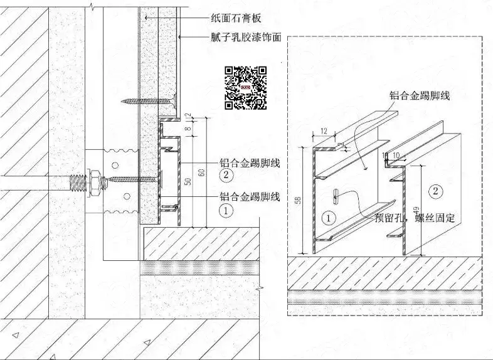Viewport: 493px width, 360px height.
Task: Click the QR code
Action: pyautogui.click(x=245, y=87)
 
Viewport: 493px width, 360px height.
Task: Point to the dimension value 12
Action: pyautogui.click(x=324, y=132)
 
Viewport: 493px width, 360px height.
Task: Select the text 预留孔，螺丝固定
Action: pyautogui.click(x=414, y=218)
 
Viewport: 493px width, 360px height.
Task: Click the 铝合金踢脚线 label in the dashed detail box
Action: pyautogui.click(x=420, y=95)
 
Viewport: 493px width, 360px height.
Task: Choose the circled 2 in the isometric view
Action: pyautogui.click(x=437, y=189)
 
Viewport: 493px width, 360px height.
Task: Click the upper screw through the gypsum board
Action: pyautogui.click(x=148, y=98)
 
